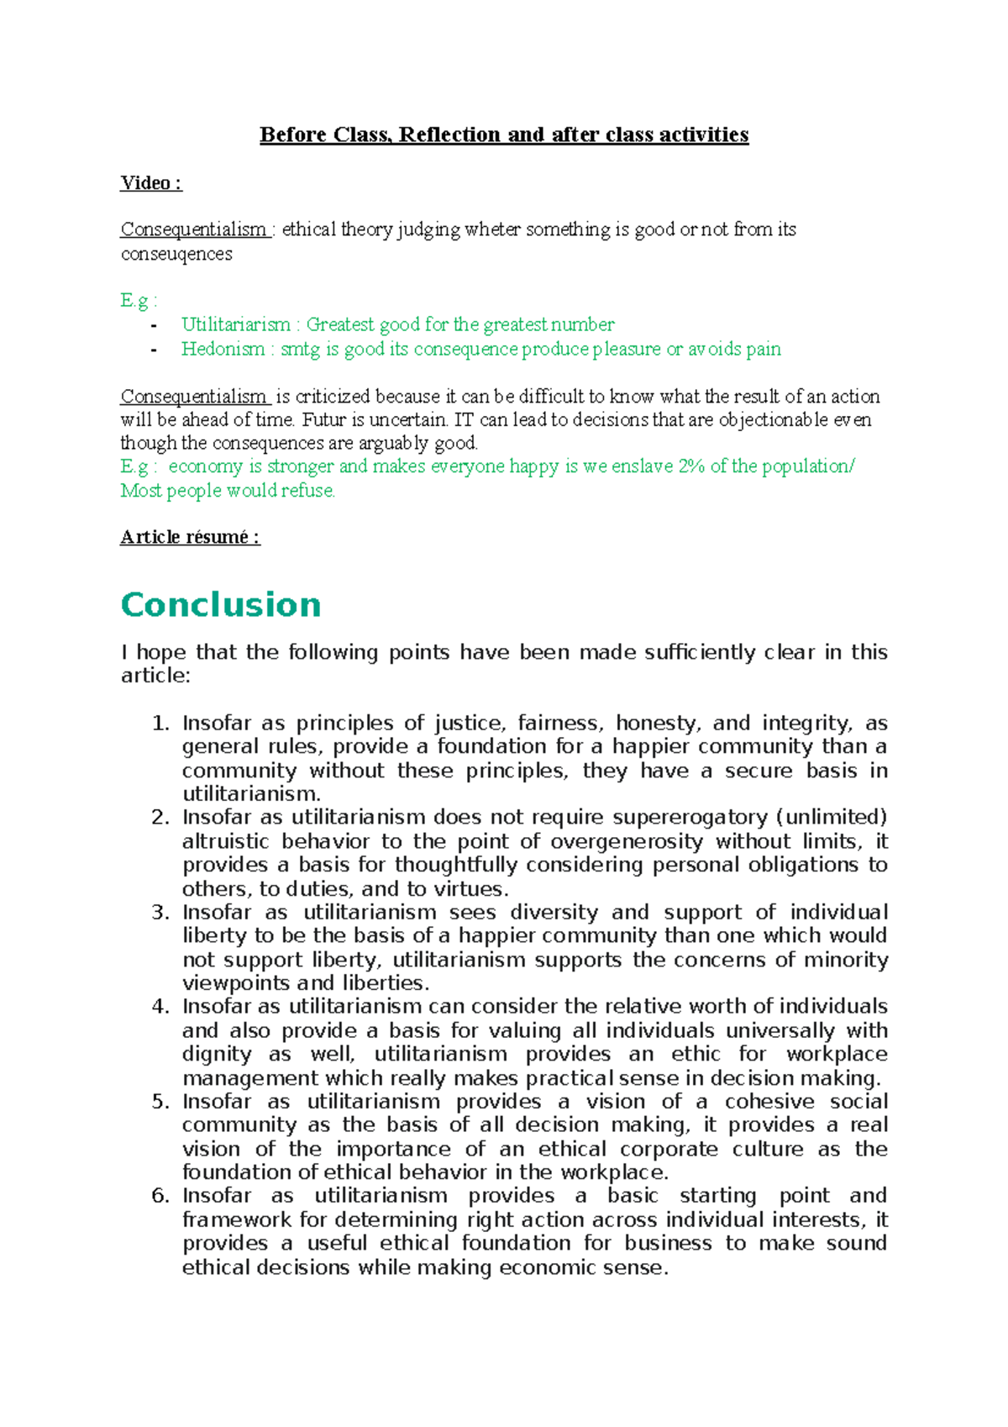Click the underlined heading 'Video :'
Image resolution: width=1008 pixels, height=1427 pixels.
click(151, 183)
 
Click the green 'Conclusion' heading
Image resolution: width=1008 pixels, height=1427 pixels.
click(221, 605)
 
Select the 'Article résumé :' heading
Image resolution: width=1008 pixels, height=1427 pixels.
click(190, 537)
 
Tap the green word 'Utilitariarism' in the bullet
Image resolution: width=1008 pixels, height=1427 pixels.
click(236, 324)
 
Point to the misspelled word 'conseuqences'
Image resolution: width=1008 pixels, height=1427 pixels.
click(176, 254)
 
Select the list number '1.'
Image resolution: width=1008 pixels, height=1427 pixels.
click(161, 724)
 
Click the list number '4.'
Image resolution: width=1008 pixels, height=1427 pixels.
click(161, 1007)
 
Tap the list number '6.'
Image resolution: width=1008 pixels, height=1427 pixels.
click(161, 1196)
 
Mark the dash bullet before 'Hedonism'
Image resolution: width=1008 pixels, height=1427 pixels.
click(153, 350)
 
